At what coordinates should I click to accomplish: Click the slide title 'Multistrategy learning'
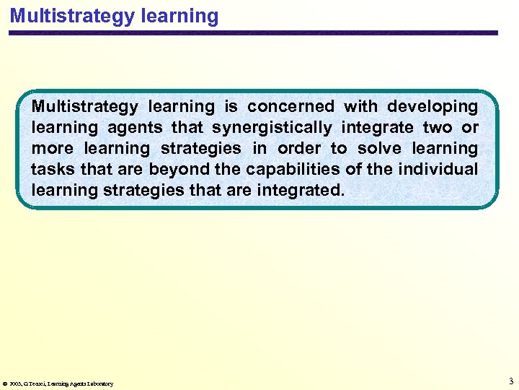[114, 16]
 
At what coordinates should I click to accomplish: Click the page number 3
[510, 381]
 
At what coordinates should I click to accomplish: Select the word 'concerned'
[290, 107]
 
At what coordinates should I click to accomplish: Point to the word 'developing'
[432, 107]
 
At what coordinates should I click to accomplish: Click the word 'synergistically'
[272, 128]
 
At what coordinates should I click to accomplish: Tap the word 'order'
[291, 149]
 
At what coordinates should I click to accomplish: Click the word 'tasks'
[48, 170]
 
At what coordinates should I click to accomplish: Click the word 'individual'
[440, 170]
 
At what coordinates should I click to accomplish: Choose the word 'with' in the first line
[360, 107]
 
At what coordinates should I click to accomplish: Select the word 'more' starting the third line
[53, 149]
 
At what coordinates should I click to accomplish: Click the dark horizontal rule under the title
[252, 32]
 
